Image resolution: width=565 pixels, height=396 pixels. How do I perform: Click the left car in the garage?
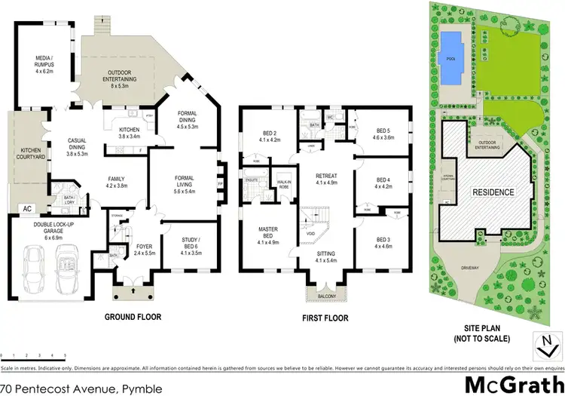[x=34, y=269]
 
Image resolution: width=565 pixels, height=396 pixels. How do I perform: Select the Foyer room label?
[x=144, y=249]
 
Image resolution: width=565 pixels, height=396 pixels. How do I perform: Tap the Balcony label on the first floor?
[x=325, y=296]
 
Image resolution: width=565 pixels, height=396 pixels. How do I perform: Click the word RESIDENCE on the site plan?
[x=493, y=192]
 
